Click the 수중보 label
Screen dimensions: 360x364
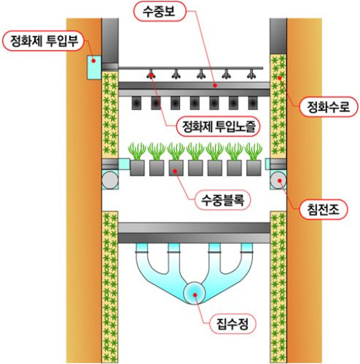pyautogui.click(x=159, y=12)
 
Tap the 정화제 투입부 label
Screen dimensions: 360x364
pyautogui.click(x=44, y=41)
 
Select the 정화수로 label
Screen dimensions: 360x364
pyautogui.click(x=328, y=107)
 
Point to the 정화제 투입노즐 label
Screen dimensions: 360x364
pyautogui.click(x=219, y=127)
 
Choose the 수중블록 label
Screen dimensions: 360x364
pyautogui.click(x=223, y=200)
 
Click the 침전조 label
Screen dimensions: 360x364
pyautogui.click(x=323, y=210)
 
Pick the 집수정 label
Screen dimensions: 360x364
pyautogui.click(x=232, y=324)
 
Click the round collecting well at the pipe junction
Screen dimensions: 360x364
pyautogui.click(x=194, y=293)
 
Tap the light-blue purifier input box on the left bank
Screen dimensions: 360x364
pyautogui.click(x=94, y=67)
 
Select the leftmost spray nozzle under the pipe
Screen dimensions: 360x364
pyautogui.click(x=151, y=74)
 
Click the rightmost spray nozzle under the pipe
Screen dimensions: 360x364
pyautogui.click(x=251, y=74)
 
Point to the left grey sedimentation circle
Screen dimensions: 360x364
pyautogui.click(x=110, y=180)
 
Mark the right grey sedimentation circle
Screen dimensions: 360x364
pyautogui.click(x=278, y=180)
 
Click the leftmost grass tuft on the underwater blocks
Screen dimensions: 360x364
pyautogui.click(x=137, y=151)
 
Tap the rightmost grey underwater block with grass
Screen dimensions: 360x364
pyautogui.click(x=254, y=168)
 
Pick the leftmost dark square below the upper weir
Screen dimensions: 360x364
pyautogui.click(x=136, y=103)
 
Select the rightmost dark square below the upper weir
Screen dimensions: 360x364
pyautogui.click(x=253, y=103)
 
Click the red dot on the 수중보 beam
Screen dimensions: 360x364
pyautogui.click(x=215, y=85)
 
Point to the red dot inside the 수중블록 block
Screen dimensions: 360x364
pyautogui.click(x=175, y=171)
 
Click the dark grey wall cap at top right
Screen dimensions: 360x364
pyautogui.click(x=279, y=36)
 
